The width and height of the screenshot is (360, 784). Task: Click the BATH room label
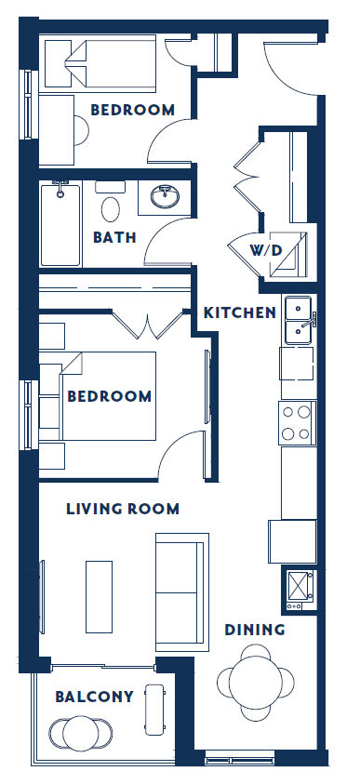pyautogui.click(x=114, y=237)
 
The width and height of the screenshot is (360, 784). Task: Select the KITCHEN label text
pyautogui.click(x=240, y=312)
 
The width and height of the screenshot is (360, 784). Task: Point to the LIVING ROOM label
pyautogui.click(x=123, y=509)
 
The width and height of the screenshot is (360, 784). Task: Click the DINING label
pyautogui.click(x=255, y=630)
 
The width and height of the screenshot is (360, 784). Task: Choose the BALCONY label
pyautogui.click(x=94, y=696)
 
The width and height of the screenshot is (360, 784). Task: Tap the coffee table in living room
pyautogui.click(x=100, y=595)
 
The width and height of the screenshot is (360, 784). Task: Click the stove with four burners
pyautogui.click(x=298, y=423)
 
